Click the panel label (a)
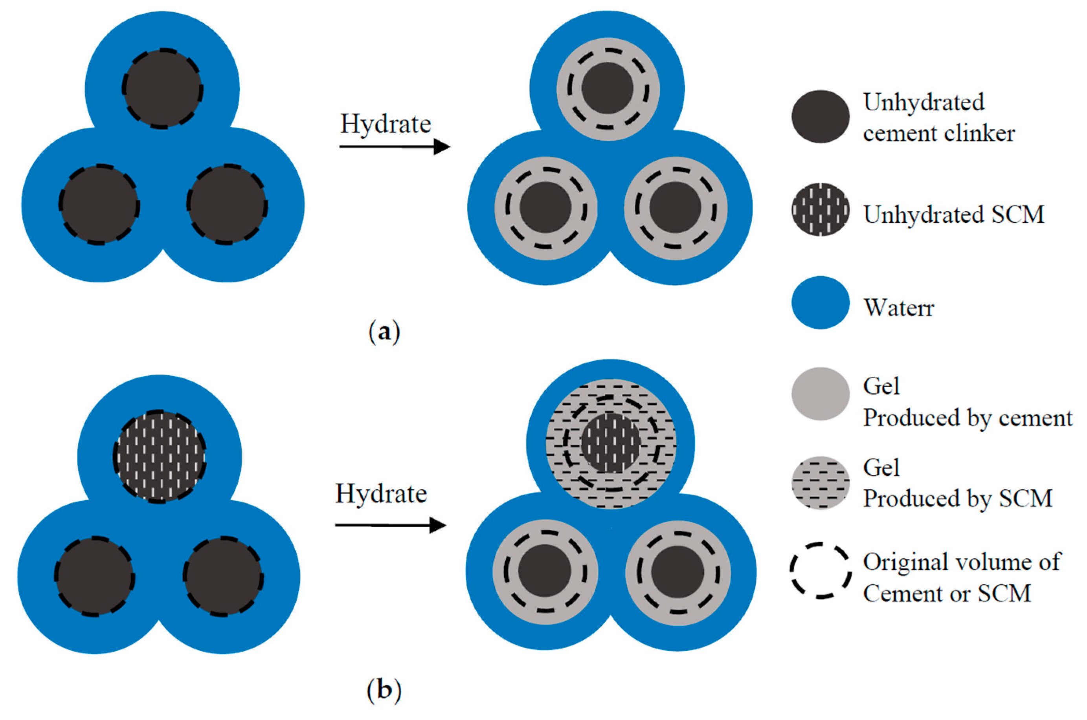pyautogui.click(x=384, y=332)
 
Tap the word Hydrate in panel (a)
pyautogui.click(x=385, y=124)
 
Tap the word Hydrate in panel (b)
pyautogui.click(x=381, y=494)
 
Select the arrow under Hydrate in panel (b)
pyautogui.click(x=391, y=525)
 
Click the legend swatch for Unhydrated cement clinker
pyautogui.click(x=820, y=116)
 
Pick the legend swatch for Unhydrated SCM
pyautogui.click(x=820, y=209)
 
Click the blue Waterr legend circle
pyautogui.click(x=820, y=302)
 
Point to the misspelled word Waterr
pyautogui.click(x=899, y=308)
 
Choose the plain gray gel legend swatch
pyautogui.click(x=820, y=394)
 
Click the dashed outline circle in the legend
pyautogui.click(x=820, y=570)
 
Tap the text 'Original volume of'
pyautogui.click(x=962, y=562)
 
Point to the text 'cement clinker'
pyautogui.click(x=938, y=133)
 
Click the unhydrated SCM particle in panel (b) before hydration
pyautogui.click(x=160, y=456)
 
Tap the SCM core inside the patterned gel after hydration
pyautogui.click(x=610, y=443)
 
